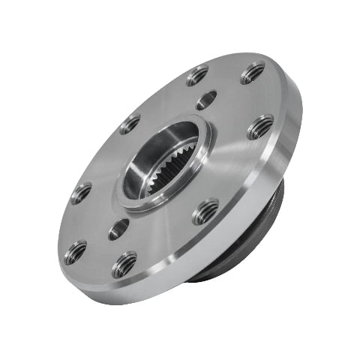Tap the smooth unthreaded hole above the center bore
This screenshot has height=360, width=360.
[x=207, y=100]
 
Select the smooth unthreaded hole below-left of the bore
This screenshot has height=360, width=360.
[x=118, y=229]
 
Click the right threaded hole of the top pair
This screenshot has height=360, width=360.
[x=253, y=73]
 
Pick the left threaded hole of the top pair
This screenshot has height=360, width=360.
[x=198, y=75]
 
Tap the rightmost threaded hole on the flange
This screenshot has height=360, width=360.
[x=260, y=126]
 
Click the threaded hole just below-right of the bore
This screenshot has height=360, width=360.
[x=205, y=211]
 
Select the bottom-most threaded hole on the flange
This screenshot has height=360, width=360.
[x=124, y=264]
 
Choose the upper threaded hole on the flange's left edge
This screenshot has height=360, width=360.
[x=81, y=193]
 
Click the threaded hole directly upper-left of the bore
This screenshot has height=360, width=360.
[x=129, y=124]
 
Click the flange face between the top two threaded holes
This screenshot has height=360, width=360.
[x=226, y=71]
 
